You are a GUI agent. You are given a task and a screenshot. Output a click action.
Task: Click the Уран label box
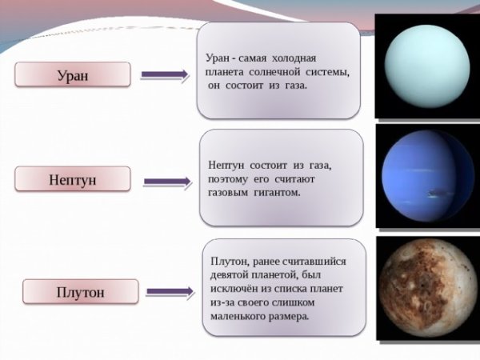(73, 75)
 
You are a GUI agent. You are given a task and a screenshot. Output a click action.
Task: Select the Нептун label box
(73, 179)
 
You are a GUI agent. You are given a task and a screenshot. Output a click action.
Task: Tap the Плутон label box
(75, 291)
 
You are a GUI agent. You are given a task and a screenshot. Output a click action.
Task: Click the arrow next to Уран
(164, 75)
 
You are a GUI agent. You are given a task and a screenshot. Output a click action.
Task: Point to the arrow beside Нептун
(166, 181)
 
